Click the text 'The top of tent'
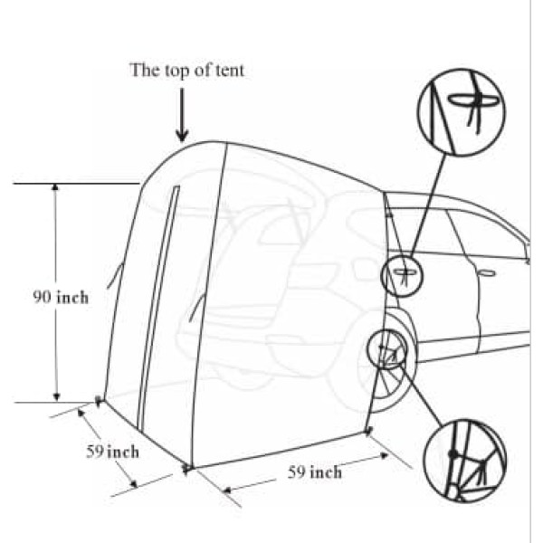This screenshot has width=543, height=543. [x=186, y=69]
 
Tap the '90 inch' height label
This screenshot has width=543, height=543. [x=62, y=296]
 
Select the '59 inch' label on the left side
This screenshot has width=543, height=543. [x=113, y=451]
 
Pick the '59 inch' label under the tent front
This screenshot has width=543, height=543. [x=314, y=472]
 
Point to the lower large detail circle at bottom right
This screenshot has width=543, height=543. [x=462, y=460]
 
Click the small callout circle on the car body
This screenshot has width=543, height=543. [x=401, y=275]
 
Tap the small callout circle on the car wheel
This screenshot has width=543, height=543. [x=389, y=349]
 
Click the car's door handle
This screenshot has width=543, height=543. [x=486, y=272]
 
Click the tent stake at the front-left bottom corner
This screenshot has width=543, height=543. [x=186, y=467]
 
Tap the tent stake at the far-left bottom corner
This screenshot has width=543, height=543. [x=99, y=398]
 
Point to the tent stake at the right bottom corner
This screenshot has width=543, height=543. [x=368, y=429]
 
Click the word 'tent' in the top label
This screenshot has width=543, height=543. [x=230, y=69]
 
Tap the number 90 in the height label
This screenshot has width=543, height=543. [x=43, y=296]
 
